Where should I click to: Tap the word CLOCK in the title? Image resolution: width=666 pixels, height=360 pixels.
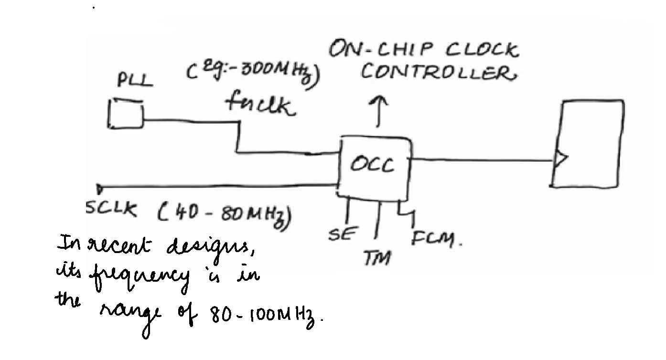pyautogui.click(x=482, y=49)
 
